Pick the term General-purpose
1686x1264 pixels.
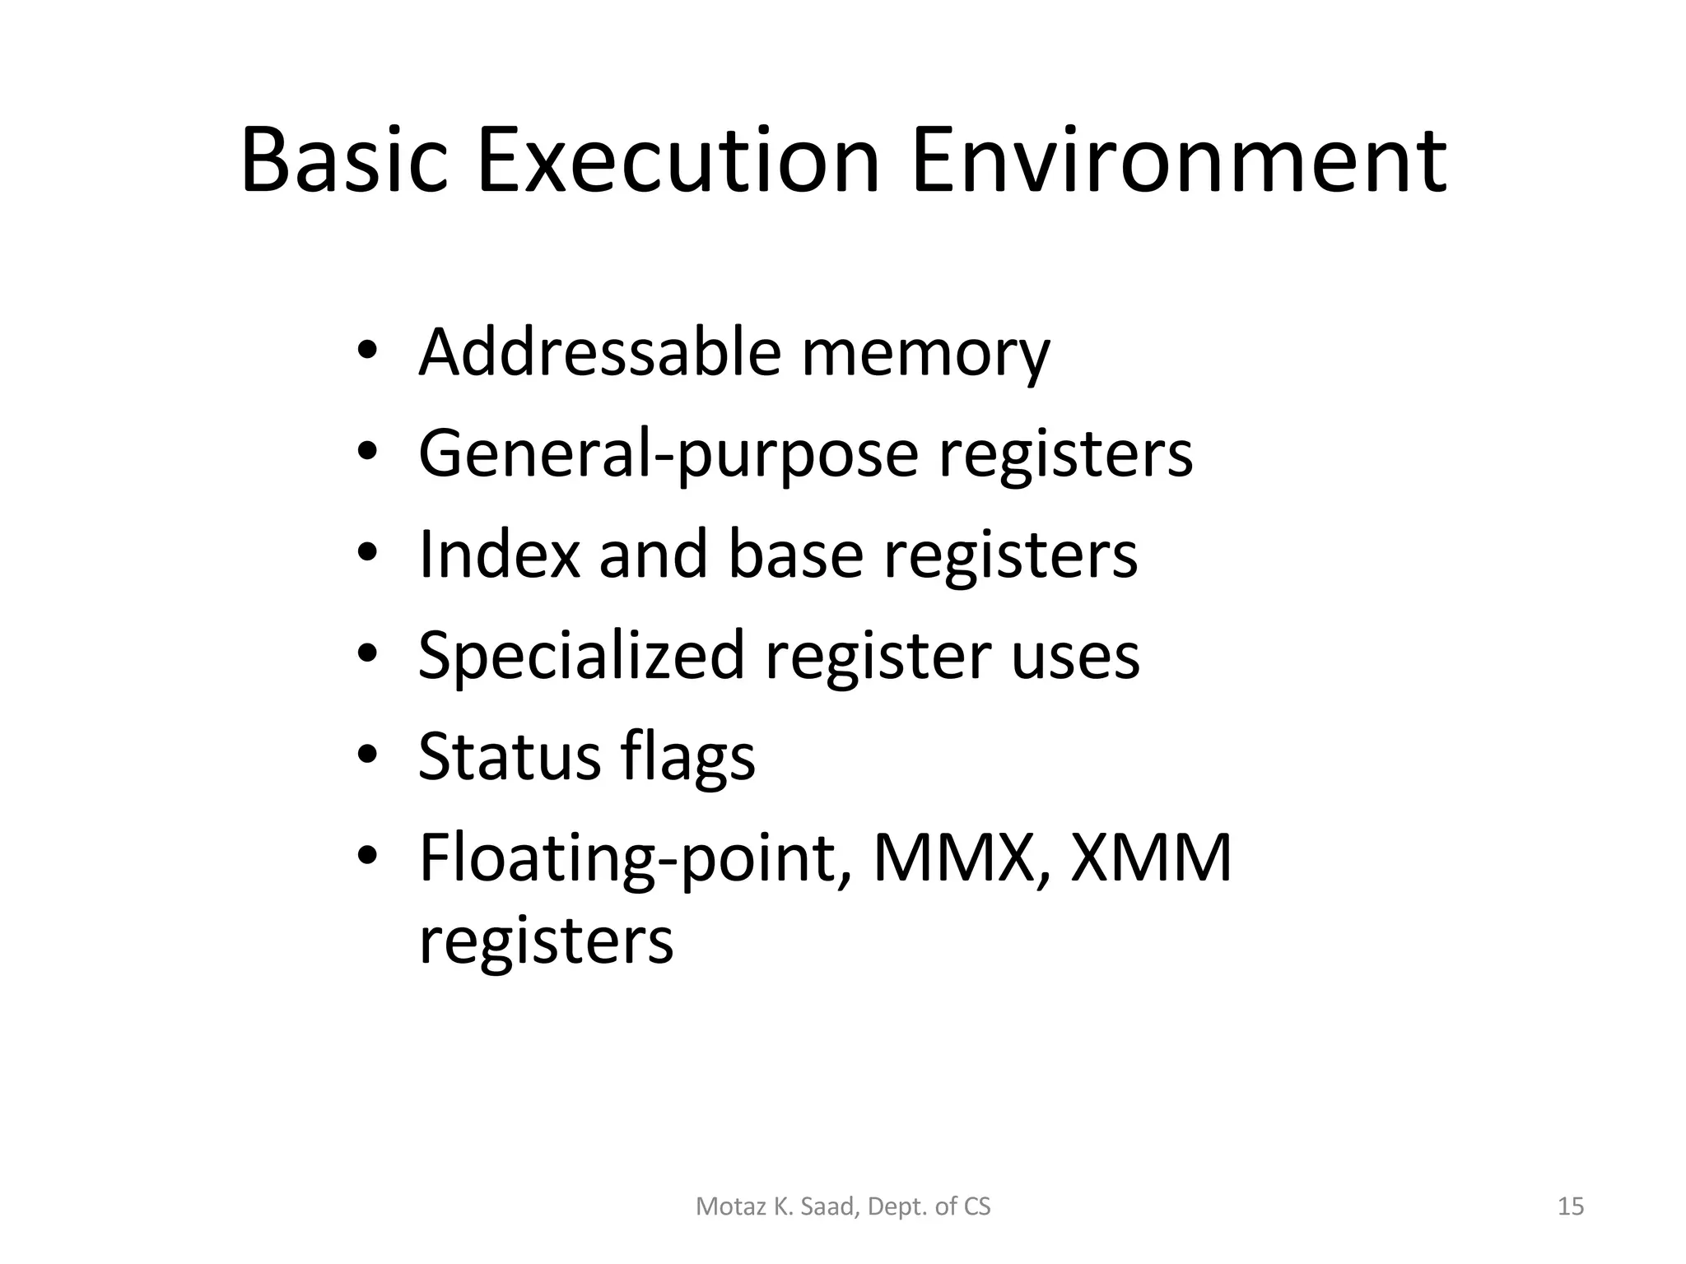coord(668,454)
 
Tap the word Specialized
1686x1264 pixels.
coord(581,656)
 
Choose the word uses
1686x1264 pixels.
coord(1075,656)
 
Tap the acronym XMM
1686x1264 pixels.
coord(1151,857)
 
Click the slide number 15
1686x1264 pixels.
coord(1571,1206)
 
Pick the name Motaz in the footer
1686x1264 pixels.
coord(721,1206)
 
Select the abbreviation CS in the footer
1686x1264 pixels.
coord(977,1206)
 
